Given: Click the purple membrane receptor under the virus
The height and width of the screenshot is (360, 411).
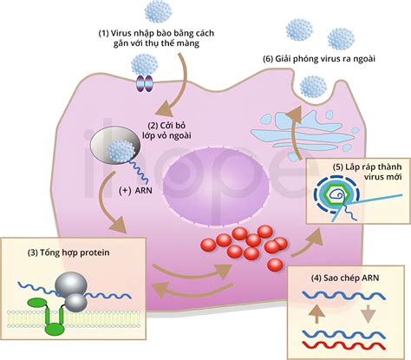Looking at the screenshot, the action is (144, 84).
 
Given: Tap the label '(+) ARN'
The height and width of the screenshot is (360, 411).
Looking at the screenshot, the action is (135, 191).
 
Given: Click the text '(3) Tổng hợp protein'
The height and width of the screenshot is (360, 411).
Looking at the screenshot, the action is (68, 252).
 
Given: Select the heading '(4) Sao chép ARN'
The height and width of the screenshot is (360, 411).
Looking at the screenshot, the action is (345, 278).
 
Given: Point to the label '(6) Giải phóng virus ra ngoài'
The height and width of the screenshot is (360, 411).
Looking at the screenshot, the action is (319, 59).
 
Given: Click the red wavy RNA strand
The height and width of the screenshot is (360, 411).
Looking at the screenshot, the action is (344, 345).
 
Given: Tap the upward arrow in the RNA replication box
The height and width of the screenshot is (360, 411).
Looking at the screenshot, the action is (316, 313).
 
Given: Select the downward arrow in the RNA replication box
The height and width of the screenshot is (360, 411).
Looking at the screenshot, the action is (369, 313).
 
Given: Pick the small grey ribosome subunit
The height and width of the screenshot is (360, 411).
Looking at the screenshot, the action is (75, 303).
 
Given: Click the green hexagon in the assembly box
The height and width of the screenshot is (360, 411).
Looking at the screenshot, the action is (336, 195).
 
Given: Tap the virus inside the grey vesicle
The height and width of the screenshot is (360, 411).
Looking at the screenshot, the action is (121, 151).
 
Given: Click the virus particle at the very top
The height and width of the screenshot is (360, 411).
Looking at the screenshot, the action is (158, 11).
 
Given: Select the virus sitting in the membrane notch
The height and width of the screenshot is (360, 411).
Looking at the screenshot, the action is (313, 87).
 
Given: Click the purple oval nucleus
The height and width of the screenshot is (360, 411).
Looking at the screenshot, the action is (216, 186).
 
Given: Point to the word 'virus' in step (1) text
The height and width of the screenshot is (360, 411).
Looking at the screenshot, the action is (120, 33).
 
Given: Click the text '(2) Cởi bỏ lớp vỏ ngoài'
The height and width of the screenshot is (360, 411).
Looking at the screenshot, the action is (166, 131).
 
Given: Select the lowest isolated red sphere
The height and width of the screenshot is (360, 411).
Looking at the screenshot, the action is (275, 265).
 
